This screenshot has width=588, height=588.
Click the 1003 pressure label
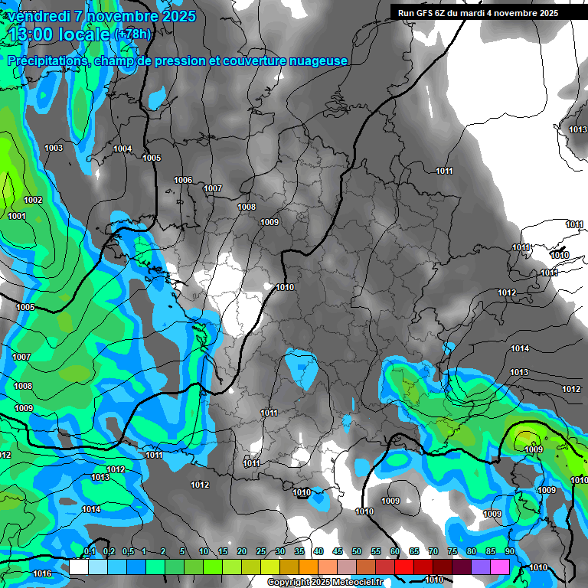point(54,148)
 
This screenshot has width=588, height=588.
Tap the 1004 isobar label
point(122,149)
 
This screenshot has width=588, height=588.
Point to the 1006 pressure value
point(183,180)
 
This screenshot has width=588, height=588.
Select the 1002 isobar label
point(33,200)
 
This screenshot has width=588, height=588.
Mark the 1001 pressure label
point(17,216)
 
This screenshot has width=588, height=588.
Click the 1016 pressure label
point(42,573)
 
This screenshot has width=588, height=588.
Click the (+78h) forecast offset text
point(135,34)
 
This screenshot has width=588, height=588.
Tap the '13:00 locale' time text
point(60,34)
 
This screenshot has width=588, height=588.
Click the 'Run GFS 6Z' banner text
point(423,13)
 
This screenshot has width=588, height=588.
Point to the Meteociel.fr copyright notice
point(325,583)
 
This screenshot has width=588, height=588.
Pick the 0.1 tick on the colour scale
point(89,551)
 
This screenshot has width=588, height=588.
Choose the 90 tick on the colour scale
point(509,551)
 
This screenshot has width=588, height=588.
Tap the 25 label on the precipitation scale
point(261,551)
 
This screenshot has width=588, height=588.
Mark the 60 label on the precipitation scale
point(395,551)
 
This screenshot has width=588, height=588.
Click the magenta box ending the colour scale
point(500,567)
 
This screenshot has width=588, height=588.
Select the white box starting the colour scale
point(79,567)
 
